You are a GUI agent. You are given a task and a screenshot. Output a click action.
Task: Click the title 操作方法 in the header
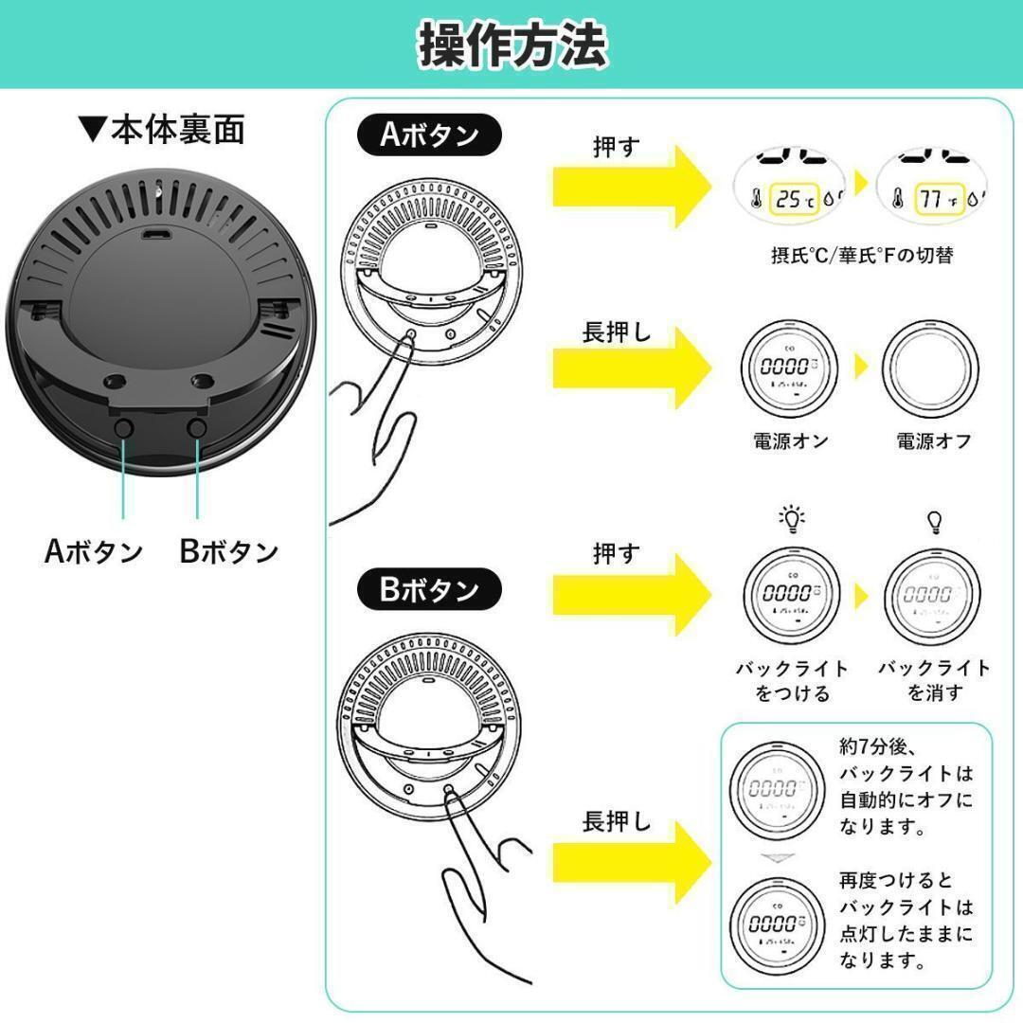[x=511, y=45]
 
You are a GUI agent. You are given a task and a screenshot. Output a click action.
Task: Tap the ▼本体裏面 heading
[x=162, y=129]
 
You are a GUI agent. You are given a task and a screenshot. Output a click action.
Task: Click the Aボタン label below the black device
[x=94, y=551]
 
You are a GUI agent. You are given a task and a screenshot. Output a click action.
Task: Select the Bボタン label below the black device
[x=229, y=551]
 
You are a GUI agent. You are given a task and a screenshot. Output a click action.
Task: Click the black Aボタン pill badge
[x=430, y=135]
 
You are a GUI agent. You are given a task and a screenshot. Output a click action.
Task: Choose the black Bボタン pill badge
[x=430, y=590]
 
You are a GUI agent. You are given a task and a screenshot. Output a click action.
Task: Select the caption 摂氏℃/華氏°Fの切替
[x=861, y=256]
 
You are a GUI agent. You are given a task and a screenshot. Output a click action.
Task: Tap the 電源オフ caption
[x=933, y=440]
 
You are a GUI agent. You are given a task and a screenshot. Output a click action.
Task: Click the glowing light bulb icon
[x=791, y=519]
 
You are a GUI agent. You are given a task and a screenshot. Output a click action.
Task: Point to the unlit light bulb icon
[x=934, y=521]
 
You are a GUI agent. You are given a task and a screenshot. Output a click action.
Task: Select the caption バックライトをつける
[x=793, y=680]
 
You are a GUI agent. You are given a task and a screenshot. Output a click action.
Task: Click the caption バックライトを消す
[x=934, y=680]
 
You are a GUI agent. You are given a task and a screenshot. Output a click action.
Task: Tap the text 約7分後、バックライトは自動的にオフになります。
[x=906, y=785]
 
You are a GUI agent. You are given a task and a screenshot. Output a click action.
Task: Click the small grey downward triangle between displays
[x=775, y=858]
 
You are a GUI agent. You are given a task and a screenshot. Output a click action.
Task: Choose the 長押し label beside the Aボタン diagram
[x=617, y=334]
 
